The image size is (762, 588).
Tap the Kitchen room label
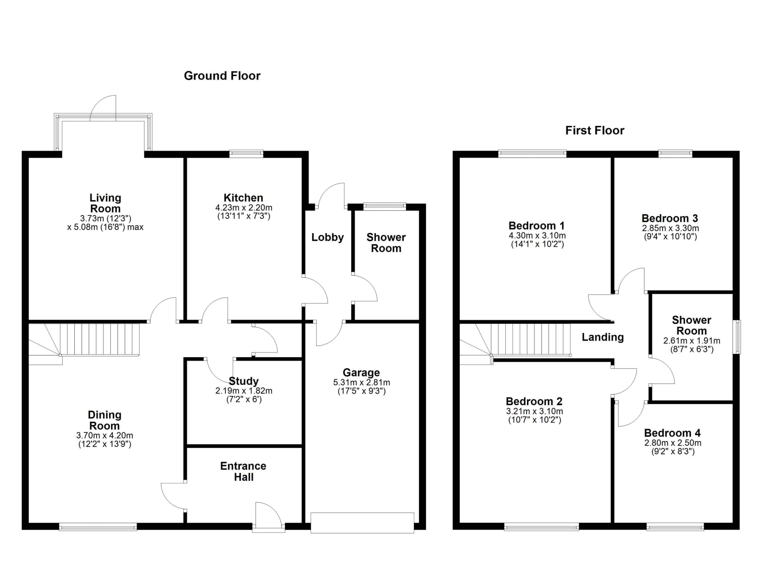coord(243,198)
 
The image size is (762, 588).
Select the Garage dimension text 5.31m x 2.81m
coord(361,382)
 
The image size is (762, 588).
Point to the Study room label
coord(243,381)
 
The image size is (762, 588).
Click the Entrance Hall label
coord(243,471)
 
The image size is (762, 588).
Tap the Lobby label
coord(328,237)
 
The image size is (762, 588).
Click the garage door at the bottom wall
coord(362,523)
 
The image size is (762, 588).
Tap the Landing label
coord(602,337)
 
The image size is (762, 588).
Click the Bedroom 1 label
coord(537,226)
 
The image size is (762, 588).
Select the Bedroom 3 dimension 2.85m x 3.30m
coord(670,228)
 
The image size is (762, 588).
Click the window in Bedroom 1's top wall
coord(532,153)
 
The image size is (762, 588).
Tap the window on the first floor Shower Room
coord(736,337)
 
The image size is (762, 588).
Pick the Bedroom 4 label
coord(672,433)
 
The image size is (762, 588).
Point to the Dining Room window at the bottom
coord(98,527)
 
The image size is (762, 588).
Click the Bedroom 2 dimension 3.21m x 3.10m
coord(535,411)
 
